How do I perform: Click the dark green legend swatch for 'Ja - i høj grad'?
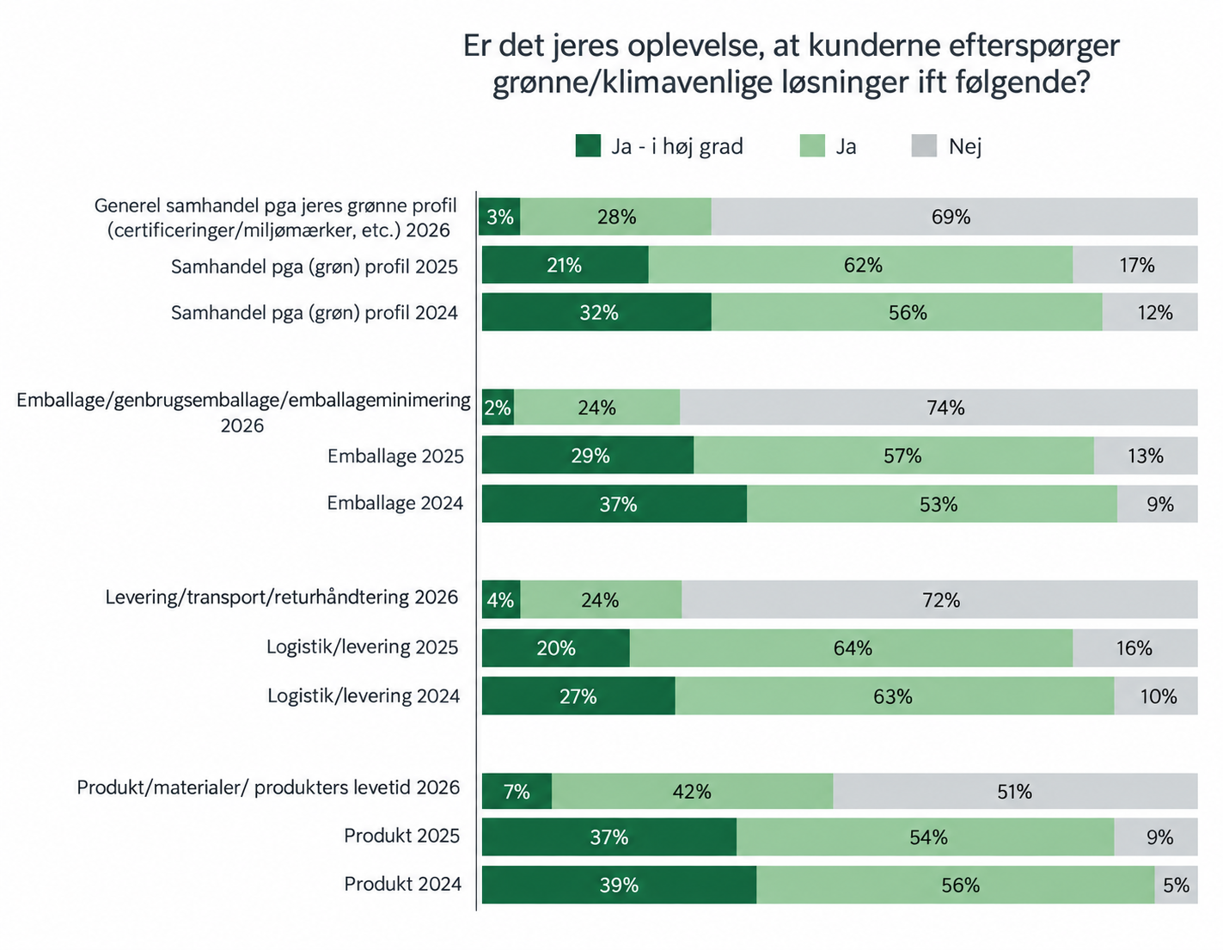pyautogui.click(x=588, y=146)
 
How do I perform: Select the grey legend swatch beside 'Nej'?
pyautogui.click(x=924, y=146)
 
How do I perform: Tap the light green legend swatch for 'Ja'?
pyautogui.click(x=812, y=146)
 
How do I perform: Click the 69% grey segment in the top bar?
pyautogui.click(x=954, y=217)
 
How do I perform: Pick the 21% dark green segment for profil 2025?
pyautogui.click(x=565, y=265)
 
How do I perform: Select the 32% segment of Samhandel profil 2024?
pyautogui.click(x=596, y=312)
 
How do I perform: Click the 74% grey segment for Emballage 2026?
pyautogui.click(x=939, y=407)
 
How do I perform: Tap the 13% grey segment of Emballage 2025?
pyautogui.click(x=1146, y=456)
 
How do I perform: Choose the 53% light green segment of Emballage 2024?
pyautogui.click(x=932, y=504)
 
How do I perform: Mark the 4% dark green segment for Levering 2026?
pyautogui.click(x=501, y=599)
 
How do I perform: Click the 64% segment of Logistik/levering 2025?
pyautogui.click(x=851, y=647)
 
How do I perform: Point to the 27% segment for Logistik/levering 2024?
pyautogui.click(x=578, y=696)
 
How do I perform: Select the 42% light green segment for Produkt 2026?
pyautogui.click(x=692, y=791)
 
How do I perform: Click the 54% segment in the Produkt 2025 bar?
pyautogui.click(x=926, y=837)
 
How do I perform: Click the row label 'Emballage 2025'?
pyautogui.click(x=395, y=456)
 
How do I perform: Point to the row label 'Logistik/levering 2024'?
pyautogui.click(x=364, y=696)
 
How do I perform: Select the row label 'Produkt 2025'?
pyautogui.click(x=402, y=836)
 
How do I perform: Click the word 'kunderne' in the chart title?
pyautogui.click(x=874, y=46)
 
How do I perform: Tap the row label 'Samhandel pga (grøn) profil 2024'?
pyautogui.click(x=314, y=313)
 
